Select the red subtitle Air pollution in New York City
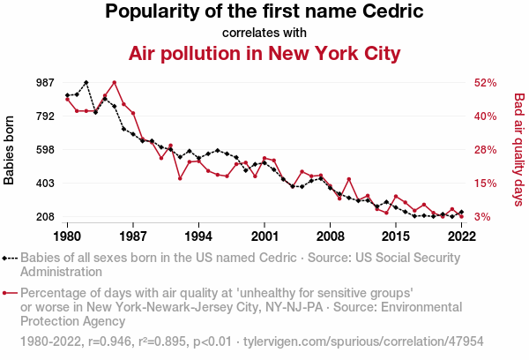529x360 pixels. click(264, 53)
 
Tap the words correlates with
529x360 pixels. click(264, 33)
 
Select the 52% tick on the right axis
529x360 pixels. click(486, 82)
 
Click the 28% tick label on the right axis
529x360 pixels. click(486, 149)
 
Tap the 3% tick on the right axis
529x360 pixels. click(486, 217)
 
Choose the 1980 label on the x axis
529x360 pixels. click(67, 236)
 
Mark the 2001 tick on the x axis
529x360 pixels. click(264, 236)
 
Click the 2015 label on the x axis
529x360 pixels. click(396, 236)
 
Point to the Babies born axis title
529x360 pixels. click(10, 150)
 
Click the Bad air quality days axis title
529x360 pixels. click(519, 150)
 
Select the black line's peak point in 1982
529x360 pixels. click(86, 82)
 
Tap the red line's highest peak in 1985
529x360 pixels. click(115, 82)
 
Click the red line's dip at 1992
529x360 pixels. click(180, 178)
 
